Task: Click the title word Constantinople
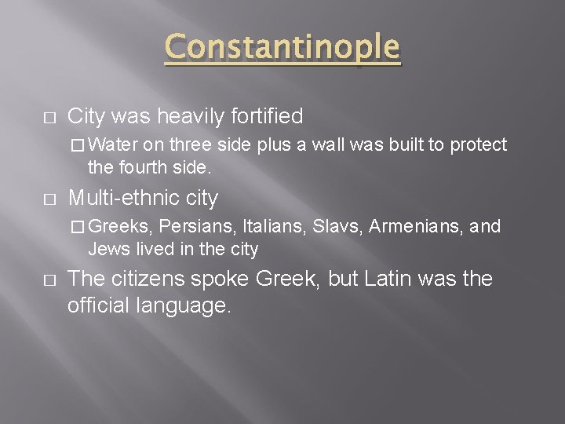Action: (282, 49)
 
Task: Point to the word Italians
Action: (266, 228)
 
